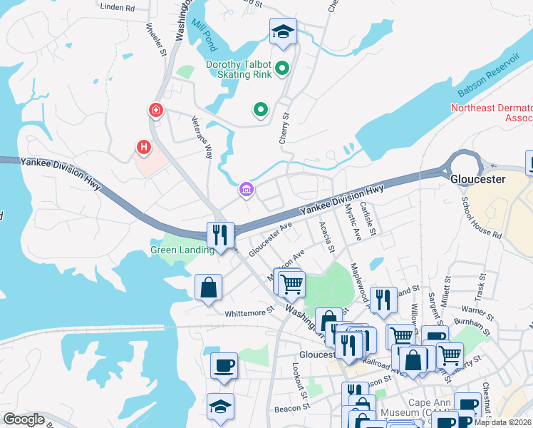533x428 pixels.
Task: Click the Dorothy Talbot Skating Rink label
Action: point(239,69)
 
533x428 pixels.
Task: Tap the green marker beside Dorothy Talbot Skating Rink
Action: point(282,69)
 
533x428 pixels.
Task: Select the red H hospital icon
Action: point(144,147)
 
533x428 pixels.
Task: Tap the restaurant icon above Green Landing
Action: point(220,234)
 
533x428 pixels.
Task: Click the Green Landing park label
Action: point(182,250)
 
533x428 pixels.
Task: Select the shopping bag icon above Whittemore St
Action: point(208,287)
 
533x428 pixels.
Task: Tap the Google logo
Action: point(24,419)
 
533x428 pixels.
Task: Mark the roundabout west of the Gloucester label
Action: point(464,167)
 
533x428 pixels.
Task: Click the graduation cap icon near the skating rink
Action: point(283,31)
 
